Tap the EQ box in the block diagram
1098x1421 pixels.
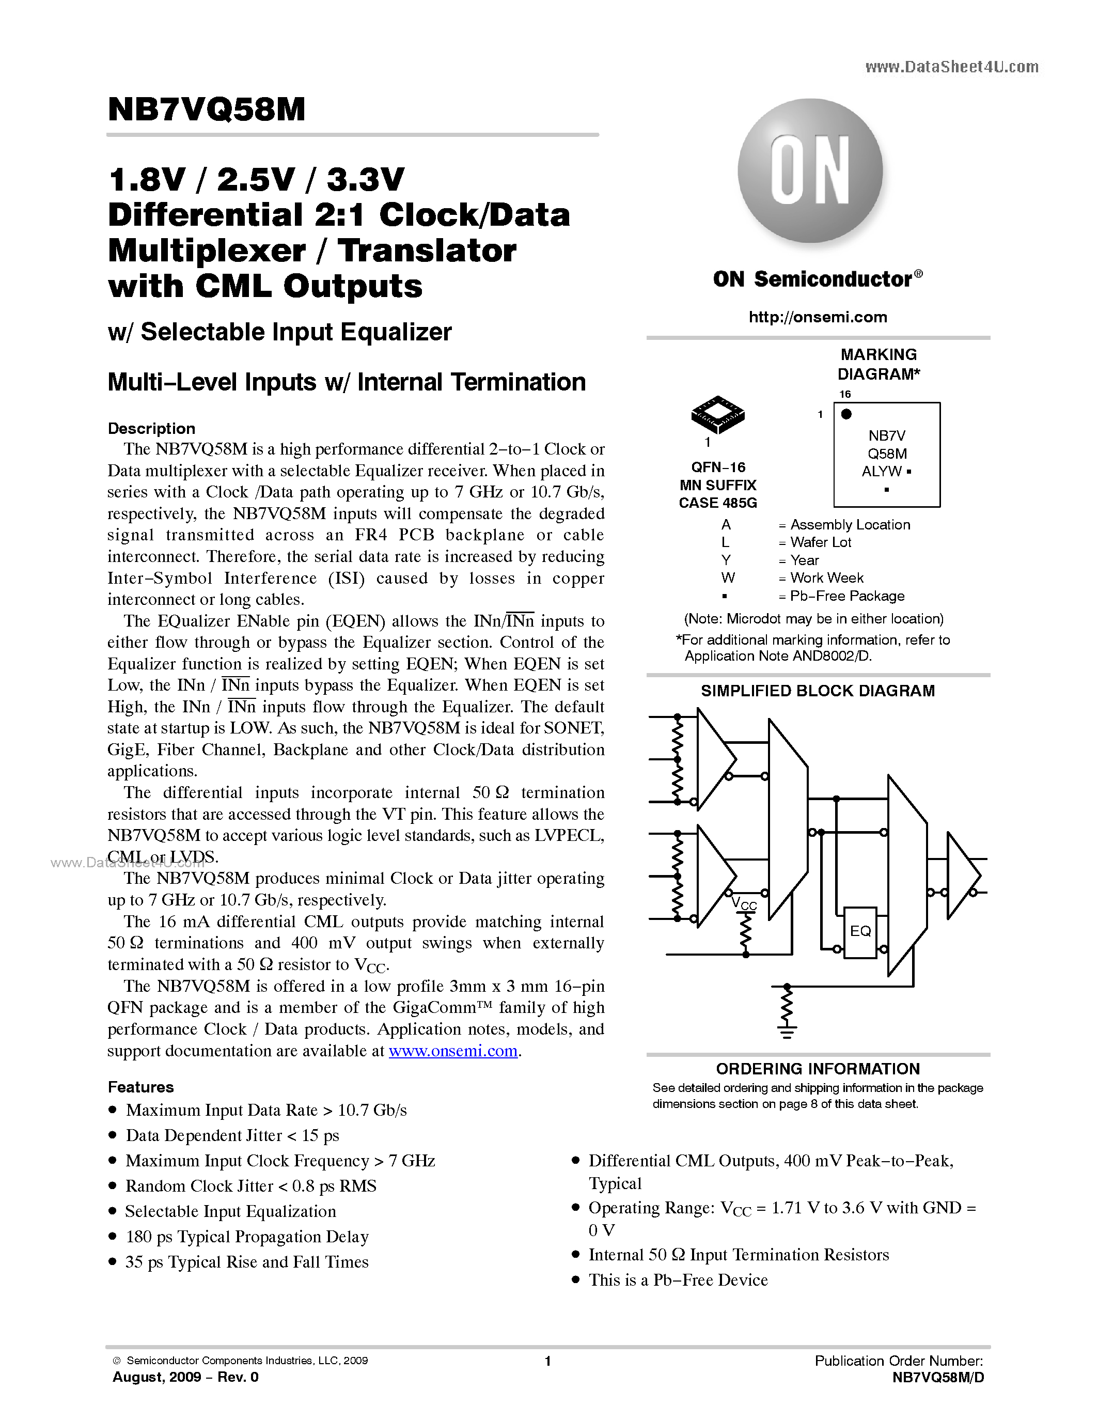pos(860,932)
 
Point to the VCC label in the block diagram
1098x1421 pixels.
pos(744,904)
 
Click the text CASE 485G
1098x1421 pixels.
pos(717,503)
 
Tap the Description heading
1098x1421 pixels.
pos(151,429)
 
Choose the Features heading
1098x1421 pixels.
pos(140,1087)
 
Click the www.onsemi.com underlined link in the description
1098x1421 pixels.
pos(453,1051)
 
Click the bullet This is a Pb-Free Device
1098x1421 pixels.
pos(678,1281)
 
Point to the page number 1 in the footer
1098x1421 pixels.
pos(547,1361)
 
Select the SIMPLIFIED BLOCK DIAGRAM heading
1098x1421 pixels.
pos(818,691)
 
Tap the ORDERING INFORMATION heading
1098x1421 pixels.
pos(818,1069)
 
